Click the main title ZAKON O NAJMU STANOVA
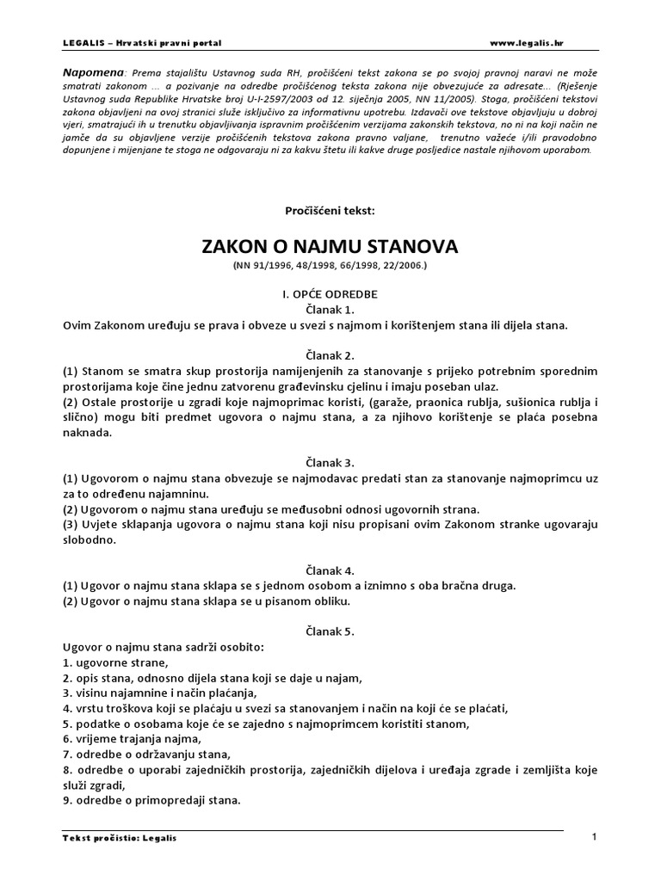(x=330, y=246)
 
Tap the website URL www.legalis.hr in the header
(x=527, y=42)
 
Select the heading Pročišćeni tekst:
(x=330, y=210)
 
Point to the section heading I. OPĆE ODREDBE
(x=330, y=293)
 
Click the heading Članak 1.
(x=330, y=309)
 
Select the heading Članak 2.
(x=330, y=354)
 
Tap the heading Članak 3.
(x=330, y=461)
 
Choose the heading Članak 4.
(x=330, y=570)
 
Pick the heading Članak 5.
(x=330, y=631)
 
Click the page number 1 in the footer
(x=595, y=836)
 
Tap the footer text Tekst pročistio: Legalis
(x=120, y=838)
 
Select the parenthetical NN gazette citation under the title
(x=330, y=267)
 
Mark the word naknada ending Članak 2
(x=87, y=433)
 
